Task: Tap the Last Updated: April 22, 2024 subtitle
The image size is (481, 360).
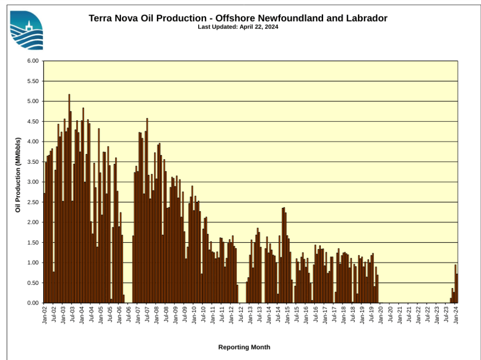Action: [238, 27]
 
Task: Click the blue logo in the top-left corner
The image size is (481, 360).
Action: [26, 30]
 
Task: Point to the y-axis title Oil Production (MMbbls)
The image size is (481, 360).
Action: [18, 175]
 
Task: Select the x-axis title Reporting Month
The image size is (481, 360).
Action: [244, 347]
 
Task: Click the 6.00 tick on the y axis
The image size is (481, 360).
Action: [32, 61]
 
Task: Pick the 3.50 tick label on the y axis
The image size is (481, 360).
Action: [32, 162]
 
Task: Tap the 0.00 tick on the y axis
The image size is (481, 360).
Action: [32, 303]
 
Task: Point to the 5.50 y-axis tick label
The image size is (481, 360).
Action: [32, 81]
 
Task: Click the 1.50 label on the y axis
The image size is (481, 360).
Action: [32, 243]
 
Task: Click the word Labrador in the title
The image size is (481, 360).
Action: [367, 18]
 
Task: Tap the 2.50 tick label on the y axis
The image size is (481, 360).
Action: [32, 202]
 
